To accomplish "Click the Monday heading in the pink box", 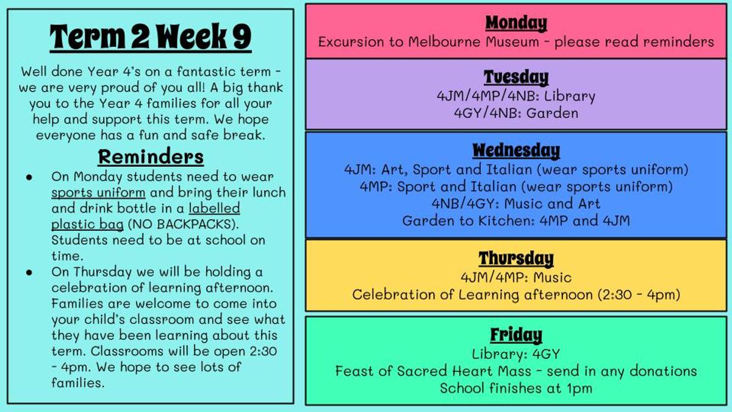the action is pos(516,23).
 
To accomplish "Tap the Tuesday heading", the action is pos(516,78).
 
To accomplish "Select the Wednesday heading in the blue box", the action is pos(516,151).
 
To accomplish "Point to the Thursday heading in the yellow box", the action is pos(516,258).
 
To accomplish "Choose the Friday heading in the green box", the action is pos(516,335).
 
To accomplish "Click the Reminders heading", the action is pos(151,157).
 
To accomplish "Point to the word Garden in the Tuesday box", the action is pos(552,113).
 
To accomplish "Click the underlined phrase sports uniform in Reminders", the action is pos(98,193).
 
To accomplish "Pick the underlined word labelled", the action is pos(214,208).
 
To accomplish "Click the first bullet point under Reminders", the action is pos(29,178).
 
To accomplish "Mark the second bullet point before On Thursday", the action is pos(29,272).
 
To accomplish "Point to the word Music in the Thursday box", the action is pos(552,278).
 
